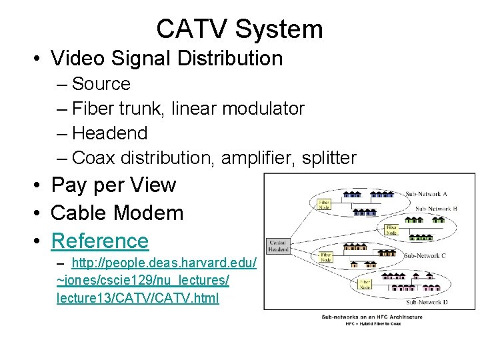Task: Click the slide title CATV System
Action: (x=239, y=29)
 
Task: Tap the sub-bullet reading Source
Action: (x=101, y=84)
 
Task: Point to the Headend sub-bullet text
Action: (x=109, y=133)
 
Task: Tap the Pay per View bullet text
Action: (x=113, y=185)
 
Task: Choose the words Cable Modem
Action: (x=117, y=213)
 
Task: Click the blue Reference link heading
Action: (x=100, y=240)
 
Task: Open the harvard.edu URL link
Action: (x=143, y=280)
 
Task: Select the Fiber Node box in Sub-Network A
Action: (x=324, y=203)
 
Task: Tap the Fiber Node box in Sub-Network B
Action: (x=391, y=229)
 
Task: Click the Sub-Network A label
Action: (x=426, y=194)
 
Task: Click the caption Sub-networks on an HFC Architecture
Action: (x=371, y=317)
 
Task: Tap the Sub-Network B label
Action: (x=436, y=209)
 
